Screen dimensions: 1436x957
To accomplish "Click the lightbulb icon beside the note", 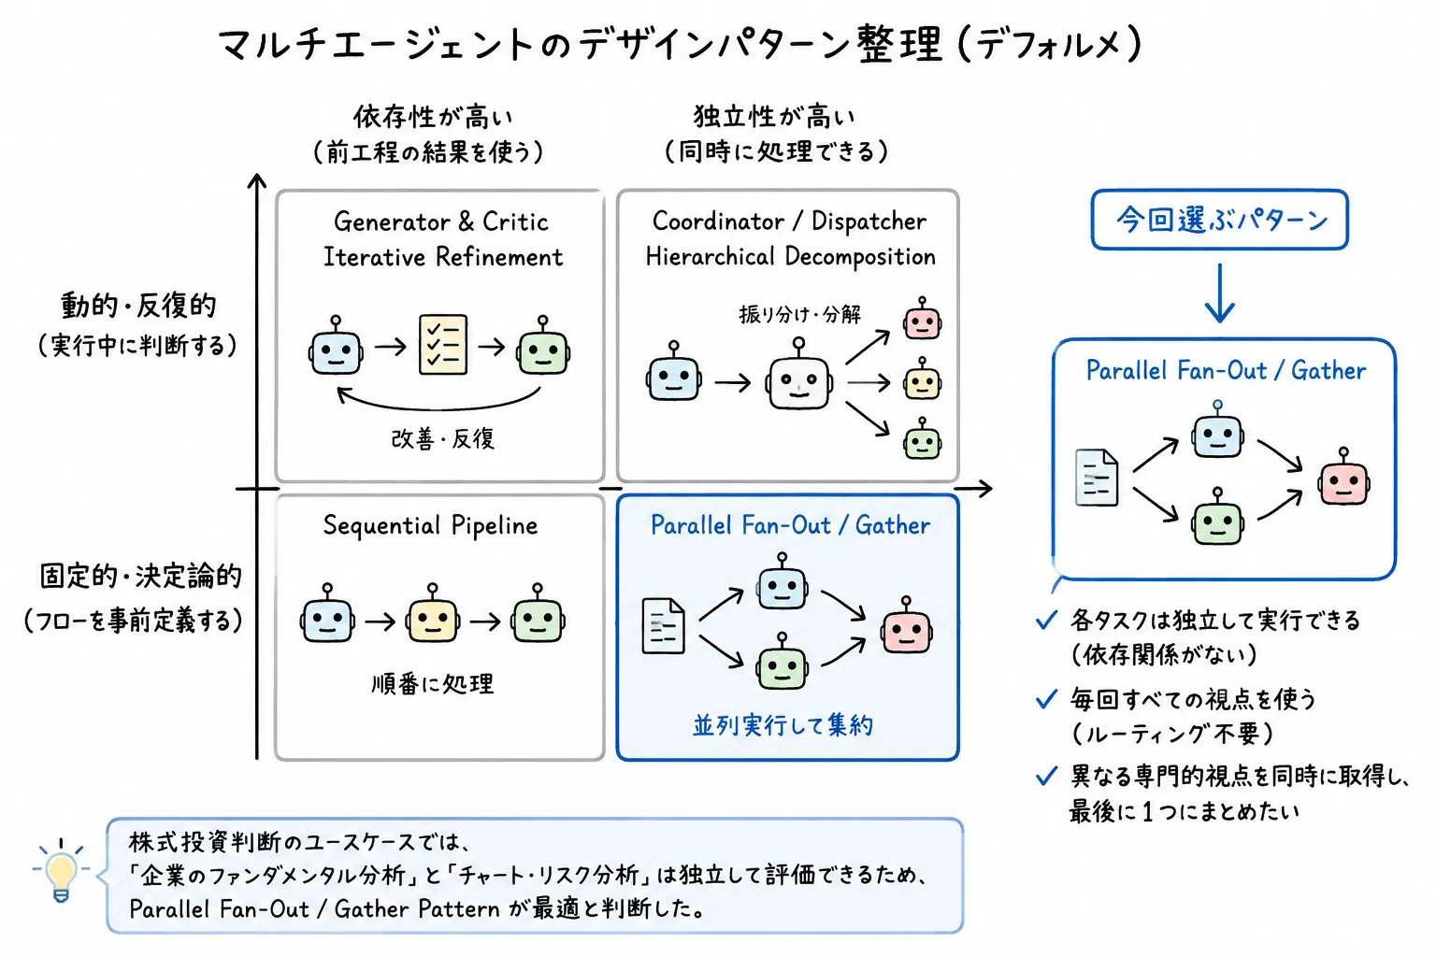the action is tap(61, 870).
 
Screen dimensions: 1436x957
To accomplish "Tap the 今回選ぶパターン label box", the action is tap(1219, 220).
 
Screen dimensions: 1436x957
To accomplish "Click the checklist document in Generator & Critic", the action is tap(443, 344).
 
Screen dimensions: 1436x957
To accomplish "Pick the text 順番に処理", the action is tap(433, 684).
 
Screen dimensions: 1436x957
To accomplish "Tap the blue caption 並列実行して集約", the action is tap(783, 725).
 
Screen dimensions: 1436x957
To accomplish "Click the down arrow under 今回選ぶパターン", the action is tap(1219, 293).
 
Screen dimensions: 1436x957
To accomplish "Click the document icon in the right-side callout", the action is tap(1097, 478).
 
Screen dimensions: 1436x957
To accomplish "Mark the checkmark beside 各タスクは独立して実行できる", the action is tap(1046, 620).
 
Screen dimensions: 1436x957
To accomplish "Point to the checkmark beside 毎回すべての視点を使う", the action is tap(1046, 699).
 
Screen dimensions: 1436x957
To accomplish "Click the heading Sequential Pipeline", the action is tap(430, 525).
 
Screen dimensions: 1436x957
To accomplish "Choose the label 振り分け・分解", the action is tap(799, 315).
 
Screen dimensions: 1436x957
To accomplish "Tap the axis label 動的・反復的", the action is tap(138, 305).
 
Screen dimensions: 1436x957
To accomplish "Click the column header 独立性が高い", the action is tap(774, 117).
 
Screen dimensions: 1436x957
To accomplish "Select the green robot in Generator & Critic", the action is tap(543, 346).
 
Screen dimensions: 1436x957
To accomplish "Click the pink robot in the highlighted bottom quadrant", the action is tap(906, 625).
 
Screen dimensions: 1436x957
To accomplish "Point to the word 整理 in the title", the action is tap(900, 44).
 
